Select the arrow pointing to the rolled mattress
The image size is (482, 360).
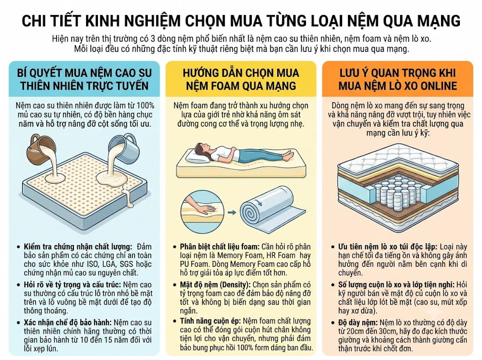232,212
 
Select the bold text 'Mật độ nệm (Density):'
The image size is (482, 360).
216,285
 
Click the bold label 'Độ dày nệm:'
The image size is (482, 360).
358,323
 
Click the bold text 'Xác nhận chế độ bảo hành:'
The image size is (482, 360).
68,322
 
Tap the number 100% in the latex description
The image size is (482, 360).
145,105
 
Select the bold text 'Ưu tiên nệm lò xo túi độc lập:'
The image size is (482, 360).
387,247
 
